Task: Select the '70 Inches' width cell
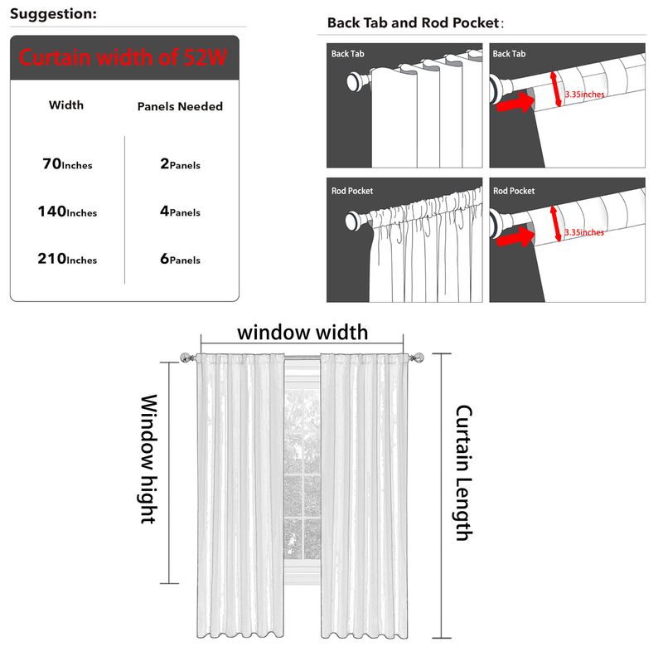click(x=67, y=164)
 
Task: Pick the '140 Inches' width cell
click(x=67, y=212)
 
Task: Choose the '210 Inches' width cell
click(x=67, y=259)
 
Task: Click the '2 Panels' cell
click(x=180, y=164)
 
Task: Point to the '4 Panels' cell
click(x=180, y=212)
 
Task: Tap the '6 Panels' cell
click(x=180, y=259)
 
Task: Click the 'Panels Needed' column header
click(x=180, y=106)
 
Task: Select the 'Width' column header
click(x=66, y=105)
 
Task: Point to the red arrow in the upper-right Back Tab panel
click(x=515, y=102)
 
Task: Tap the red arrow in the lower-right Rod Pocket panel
click(x=515, y=237)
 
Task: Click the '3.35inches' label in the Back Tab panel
click(x=584, y=95)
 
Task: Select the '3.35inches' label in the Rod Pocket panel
click(x=584, y=232)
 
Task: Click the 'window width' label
click(x=302, y=333)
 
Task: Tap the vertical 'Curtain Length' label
click(x=463, y=473)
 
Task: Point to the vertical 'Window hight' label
click(x=148, y=459)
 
